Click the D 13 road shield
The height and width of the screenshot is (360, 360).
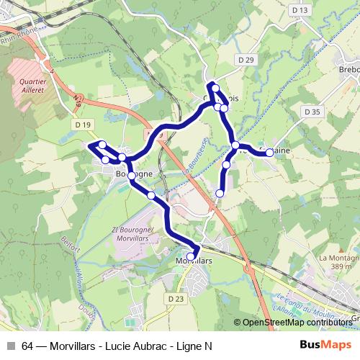point(300,10)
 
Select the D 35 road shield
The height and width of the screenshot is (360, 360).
point(312,112)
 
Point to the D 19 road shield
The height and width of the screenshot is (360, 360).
point(83,125)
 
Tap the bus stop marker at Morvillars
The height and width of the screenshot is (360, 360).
point(191,256)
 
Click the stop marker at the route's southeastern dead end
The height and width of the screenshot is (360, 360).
point(220,193)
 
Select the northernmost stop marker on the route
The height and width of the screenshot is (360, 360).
point(215,88)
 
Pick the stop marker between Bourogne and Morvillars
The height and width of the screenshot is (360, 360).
point(151,195)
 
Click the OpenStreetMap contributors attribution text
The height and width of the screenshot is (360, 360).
point(297,323)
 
